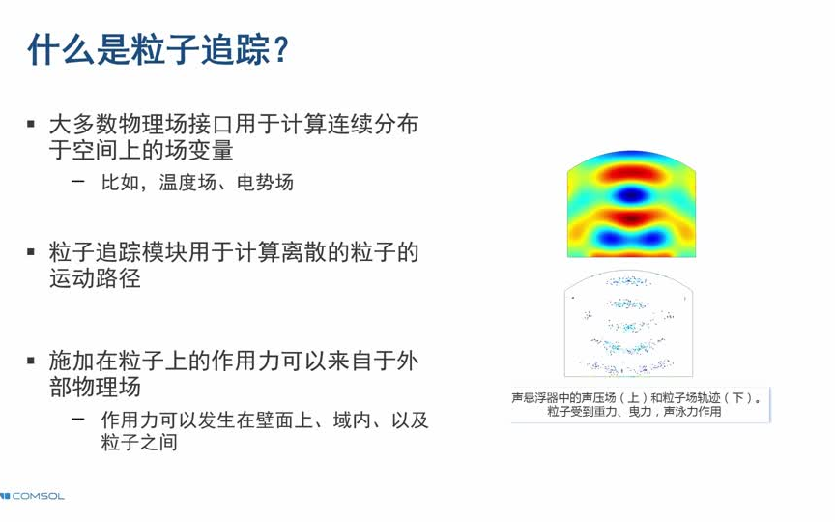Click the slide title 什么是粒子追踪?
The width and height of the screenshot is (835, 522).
click(x=158, y=49)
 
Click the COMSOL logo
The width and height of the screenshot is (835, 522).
click(x=33, y=496)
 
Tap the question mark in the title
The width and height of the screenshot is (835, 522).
click(x=280, y=50)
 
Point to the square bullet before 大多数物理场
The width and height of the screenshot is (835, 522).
click(x=31, y=125)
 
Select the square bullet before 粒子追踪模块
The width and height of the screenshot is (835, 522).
click(x=31, y=251)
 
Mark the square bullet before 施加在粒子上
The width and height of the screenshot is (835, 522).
click(x=31, y=361)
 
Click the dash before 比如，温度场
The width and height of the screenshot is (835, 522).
click(x=77, y=182)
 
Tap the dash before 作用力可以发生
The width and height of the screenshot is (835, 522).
click(x=77, y=420)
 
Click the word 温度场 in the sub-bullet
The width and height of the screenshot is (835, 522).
click(x=187, y=183)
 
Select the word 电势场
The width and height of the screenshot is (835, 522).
click(x=265, y=183)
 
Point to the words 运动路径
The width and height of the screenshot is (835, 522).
click(x=96, y=278)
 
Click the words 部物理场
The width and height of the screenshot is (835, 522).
click(x=96, y=387)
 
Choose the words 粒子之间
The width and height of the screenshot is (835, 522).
click(x=139, y=442)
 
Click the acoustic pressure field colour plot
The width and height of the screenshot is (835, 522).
click(x=631, y=203)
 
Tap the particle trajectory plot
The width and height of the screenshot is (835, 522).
click(x=628, y=323)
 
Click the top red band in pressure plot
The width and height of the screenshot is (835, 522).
click(x=632, y=173)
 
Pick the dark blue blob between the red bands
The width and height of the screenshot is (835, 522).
click(x=631, y=195)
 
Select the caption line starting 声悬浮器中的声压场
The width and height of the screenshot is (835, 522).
click(x=636, y=398)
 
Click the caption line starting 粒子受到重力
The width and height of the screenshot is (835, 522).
click(x=634, y=411)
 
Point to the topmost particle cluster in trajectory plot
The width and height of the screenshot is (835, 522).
click(x=629, y=280)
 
